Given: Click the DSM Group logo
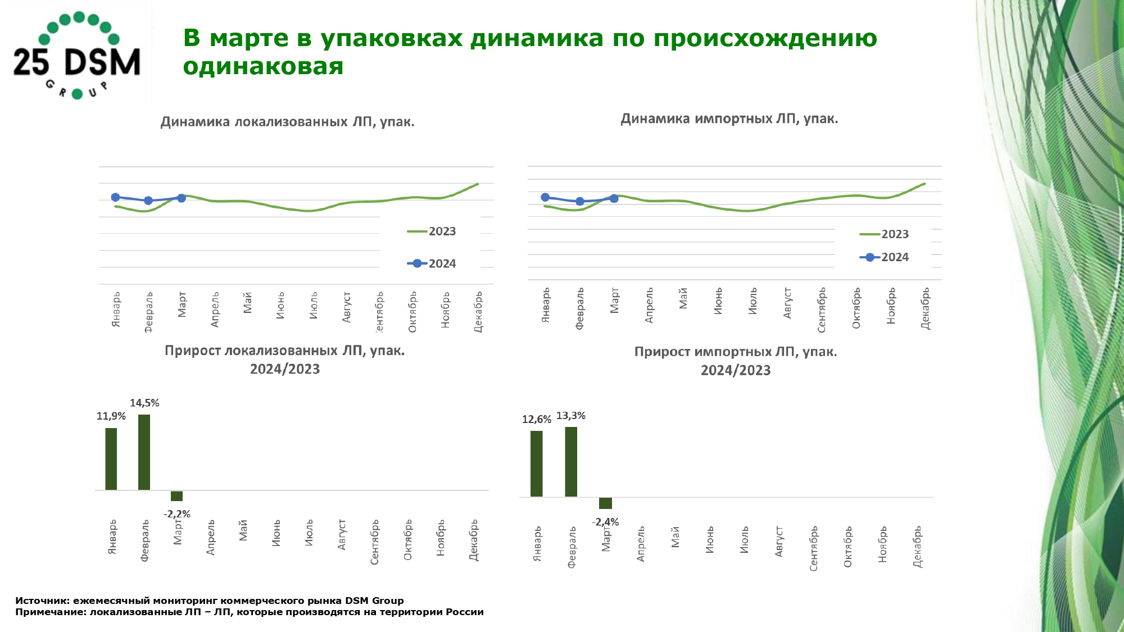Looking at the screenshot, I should click(77, 55).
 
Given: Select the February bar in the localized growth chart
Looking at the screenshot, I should click(144, 452).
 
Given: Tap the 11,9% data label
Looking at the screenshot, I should click(111, 416).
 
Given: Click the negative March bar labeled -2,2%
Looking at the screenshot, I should click(176, 496).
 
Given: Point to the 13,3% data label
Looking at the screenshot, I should click(570, 416).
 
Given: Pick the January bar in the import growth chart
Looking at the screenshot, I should click(537, 463).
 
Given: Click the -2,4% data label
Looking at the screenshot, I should click(605, 522).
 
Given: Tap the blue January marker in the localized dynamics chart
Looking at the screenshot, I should click(115, 197).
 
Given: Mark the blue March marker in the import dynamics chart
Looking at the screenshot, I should click(614, 198).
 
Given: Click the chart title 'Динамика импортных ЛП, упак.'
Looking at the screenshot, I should click(729, 119).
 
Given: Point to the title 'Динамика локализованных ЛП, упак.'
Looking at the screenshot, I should click(287, 122).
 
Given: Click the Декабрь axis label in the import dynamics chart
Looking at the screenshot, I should click(925, 308).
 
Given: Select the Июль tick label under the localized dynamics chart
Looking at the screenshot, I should click(314, 305).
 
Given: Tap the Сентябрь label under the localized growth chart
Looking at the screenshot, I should click(375, 542).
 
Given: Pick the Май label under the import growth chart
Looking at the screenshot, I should click(675, 537).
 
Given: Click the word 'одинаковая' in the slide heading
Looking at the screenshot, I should click(263, 66).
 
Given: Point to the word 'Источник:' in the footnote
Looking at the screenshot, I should click(42, 601).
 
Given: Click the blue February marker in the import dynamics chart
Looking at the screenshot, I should click(580, 201).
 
